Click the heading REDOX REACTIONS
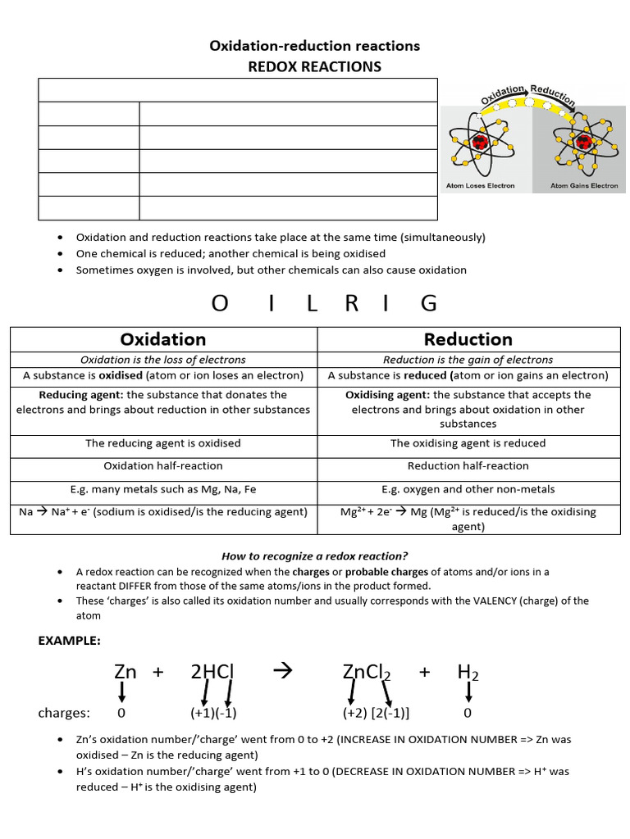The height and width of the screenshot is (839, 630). coord(315,66)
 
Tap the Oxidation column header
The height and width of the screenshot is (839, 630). coord(163,339)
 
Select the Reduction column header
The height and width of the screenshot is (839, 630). coord(468,339)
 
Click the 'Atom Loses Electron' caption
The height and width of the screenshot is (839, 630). coord(481,186)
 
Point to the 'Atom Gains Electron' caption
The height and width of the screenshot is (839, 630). coord(584,186)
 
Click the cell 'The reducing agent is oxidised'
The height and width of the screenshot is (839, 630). coord(163,443)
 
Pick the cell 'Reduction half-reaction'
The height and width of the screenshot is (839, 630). coord(468,465)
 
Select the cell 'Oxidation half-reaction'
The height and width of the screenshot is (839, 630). coord(163,465)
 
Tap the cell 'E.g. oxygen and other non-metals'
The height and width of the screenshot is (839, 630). coord(468,489)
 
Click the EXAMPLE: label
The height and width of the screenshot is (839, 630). coord(71,641)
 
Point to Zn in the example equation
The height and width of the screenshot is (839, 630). coord(125,672)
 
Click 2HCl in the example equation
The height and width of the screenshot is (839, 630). coord(212,672)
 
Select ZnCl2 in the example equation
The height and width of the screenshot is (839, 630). coord(367,673)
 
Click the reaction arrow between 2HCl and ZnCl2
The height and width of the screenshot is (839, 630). coord(281,672)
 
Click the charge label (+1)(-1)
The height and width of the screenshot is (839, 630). coord(213,713)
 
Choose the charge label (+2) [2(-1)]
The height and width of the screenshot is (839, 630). coord(377,713)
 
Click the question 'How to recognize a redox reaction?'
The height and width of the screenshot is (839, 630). coord(315,556)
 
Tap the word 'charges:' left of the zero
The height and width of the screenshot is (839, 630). coord(64,713)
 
